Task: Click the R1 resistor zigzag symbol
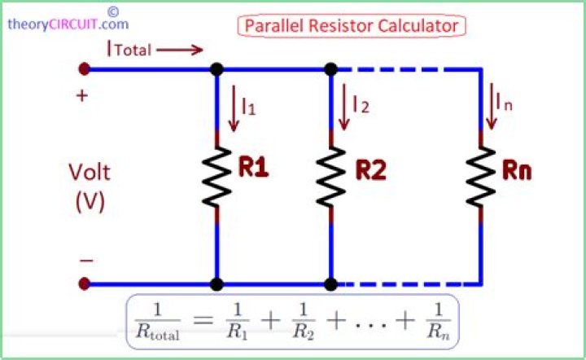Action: pyautogui.click(x=216, y=177)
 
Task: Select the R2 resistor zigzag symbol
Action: pyautogui.click(x=331, y=177)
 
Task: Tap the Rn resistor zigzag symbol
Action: pyautogui.click(x=481, y=177)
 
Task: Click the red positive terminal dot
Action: pyautogui.click(x=85, y=69)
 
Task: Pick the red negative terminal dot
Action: pyautogui.click(x=85, y=283)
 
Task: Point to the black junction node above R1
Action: pyautogui.click(x=216, y=69)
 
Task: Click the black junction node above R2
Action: pyautogui.click(x=330, y=69)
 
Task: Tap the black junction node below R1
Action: pyautogui.click(x=216, y=284)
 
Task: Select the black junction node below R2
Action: pyautogui.click(x=330, y=284)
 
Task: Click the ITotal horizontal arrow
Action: pyautogui.click(x=180, y=50)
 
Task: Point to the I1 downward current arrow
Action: pyautogui.click(x=234, y=108)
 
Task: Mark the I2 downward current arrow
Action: pyautogui.click(x=343, y=107)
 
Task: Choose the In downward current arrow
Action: pyautogui.click(x=492, y=106)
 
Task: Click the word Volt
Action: pyautogui.click(x=90, y=173)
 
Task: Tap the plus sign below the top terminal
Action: pyautogui.click(x=82, y=96)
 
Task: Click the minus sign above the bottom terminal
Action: pyautogui.click(x=87, y=260)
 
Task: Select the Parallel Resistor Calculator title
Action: pyautogui.click(x=352, y=26)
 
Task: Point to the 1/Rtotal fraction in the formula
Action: pyautogui.click(x=157, y=321)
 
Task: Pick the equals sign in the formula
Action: pyautogui.click(x=203, y=320)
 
